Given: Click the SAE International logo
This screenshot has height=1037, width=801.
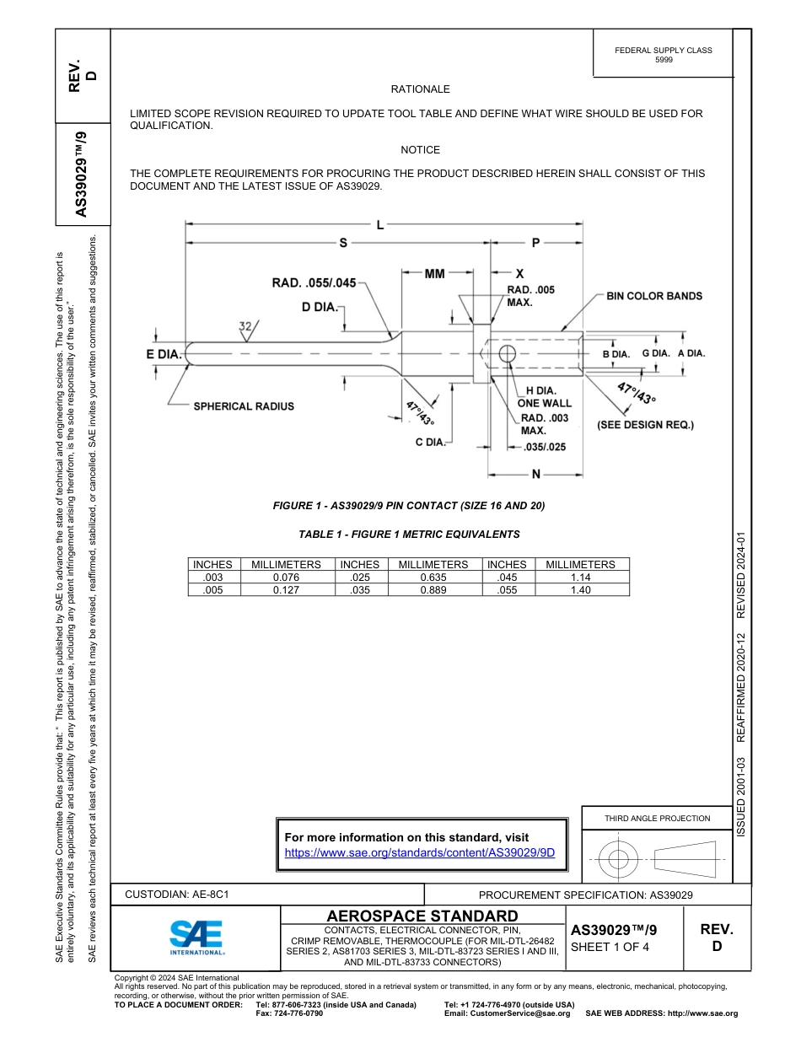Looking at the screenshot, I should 196,936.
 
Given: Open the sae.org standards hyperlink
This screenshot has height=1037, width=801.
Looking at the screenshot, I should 420,852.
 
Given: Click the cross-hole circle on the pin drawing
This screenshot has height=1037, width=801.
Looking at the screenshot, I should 507,354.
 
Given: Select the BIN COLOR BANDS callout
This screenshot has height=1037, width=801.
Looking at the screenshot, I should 653,297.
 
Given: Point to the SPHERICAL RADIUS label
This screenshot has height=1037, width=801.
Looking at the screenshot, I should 244,406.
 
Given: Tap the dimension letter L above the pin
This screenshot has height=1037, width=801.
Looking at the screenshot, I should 381,224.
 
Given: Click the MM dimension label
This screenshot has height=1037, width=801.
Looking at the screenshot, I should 434,274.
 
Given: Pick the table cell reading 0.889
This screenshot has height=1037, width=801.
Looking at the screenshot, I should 433,590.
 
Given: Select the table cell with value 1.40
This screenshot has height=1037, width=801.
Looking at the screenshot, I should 580,590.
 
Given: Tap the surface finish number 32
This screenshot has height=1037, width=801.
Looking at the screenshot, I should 245,326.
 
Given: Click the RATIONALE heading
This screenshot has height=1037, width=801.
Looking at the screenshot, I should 420,89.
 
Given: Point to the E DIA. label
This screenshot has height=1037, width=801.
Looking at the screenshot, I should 164,355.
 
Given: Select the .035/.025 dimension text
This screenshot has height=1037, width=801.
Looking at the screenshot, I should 544,447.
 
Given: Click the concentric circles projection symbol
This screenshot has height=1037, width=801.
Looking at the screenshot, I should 620,859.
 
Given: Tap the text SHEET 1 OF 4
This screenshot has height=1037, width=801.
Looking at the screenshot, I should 610,947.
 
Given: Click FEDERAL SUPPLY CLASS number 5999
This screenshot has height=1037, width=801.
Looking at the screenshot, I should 664,60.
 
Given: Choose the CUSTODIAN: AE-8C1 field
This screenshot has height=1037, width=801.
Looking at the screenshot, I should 177,894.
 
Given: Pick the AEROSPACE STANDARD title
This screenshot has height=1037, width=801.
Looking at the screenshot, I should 422,916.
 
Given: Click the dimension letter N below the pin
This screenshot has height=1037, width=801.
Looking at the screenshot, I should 536,475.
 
